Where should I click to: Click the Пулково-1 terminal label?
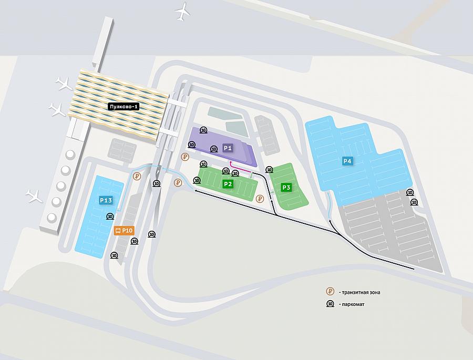pos(124,107)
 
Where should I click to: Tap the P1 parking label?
pos(228,148)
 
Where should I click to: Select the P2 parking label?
pos(228,184)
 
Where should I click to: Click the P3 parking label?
pos(286,188)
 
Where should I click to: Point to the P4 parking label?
pos(347,161)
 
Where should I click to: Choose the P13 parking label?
pos(106,200)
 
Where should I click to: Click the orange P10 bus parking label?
pos(124,231)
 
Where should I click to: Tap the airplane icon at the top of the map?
pos(182,12)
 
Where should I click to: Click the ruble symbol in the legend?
pos(331,292)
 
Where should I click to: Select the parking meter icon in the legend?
pos(331,304)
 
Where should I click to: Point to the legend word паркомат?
pos(353,304)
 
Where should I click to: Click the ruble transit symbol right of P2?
pos(260,199)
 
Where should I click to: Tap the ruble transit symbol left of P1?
pos(185,157)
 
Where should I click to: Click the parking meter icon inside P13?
pos(110,217)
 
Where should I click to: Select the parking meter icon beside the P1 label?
pos(214,149)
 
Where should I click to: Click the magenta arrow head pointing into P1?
pos(231,162)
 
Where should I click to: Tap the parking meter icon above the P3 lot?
pos(269,170)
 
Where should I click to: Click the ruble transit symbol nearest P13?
pos(137,177)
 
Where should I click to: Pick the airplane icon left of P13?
pos(34,196)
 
